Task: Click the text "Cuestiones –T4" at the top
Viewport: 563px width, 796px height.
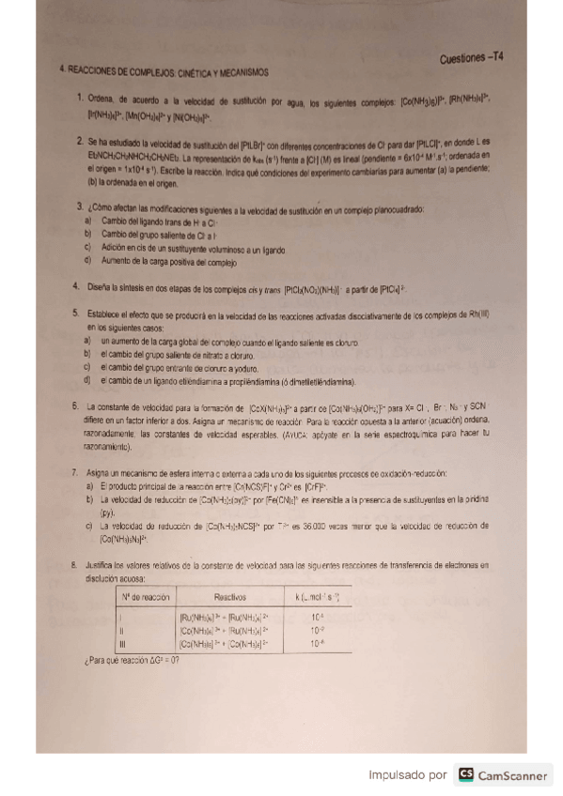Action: (x=471, y=58)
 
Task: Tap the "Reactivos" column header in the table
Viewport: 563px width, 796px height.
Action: (x=230, y=597)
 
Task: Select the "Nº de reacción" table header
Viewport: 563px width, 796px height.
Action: (x=141, y=597)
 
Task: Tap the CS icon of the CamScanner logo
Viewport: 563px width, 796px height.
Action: (x=465, y=774)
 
